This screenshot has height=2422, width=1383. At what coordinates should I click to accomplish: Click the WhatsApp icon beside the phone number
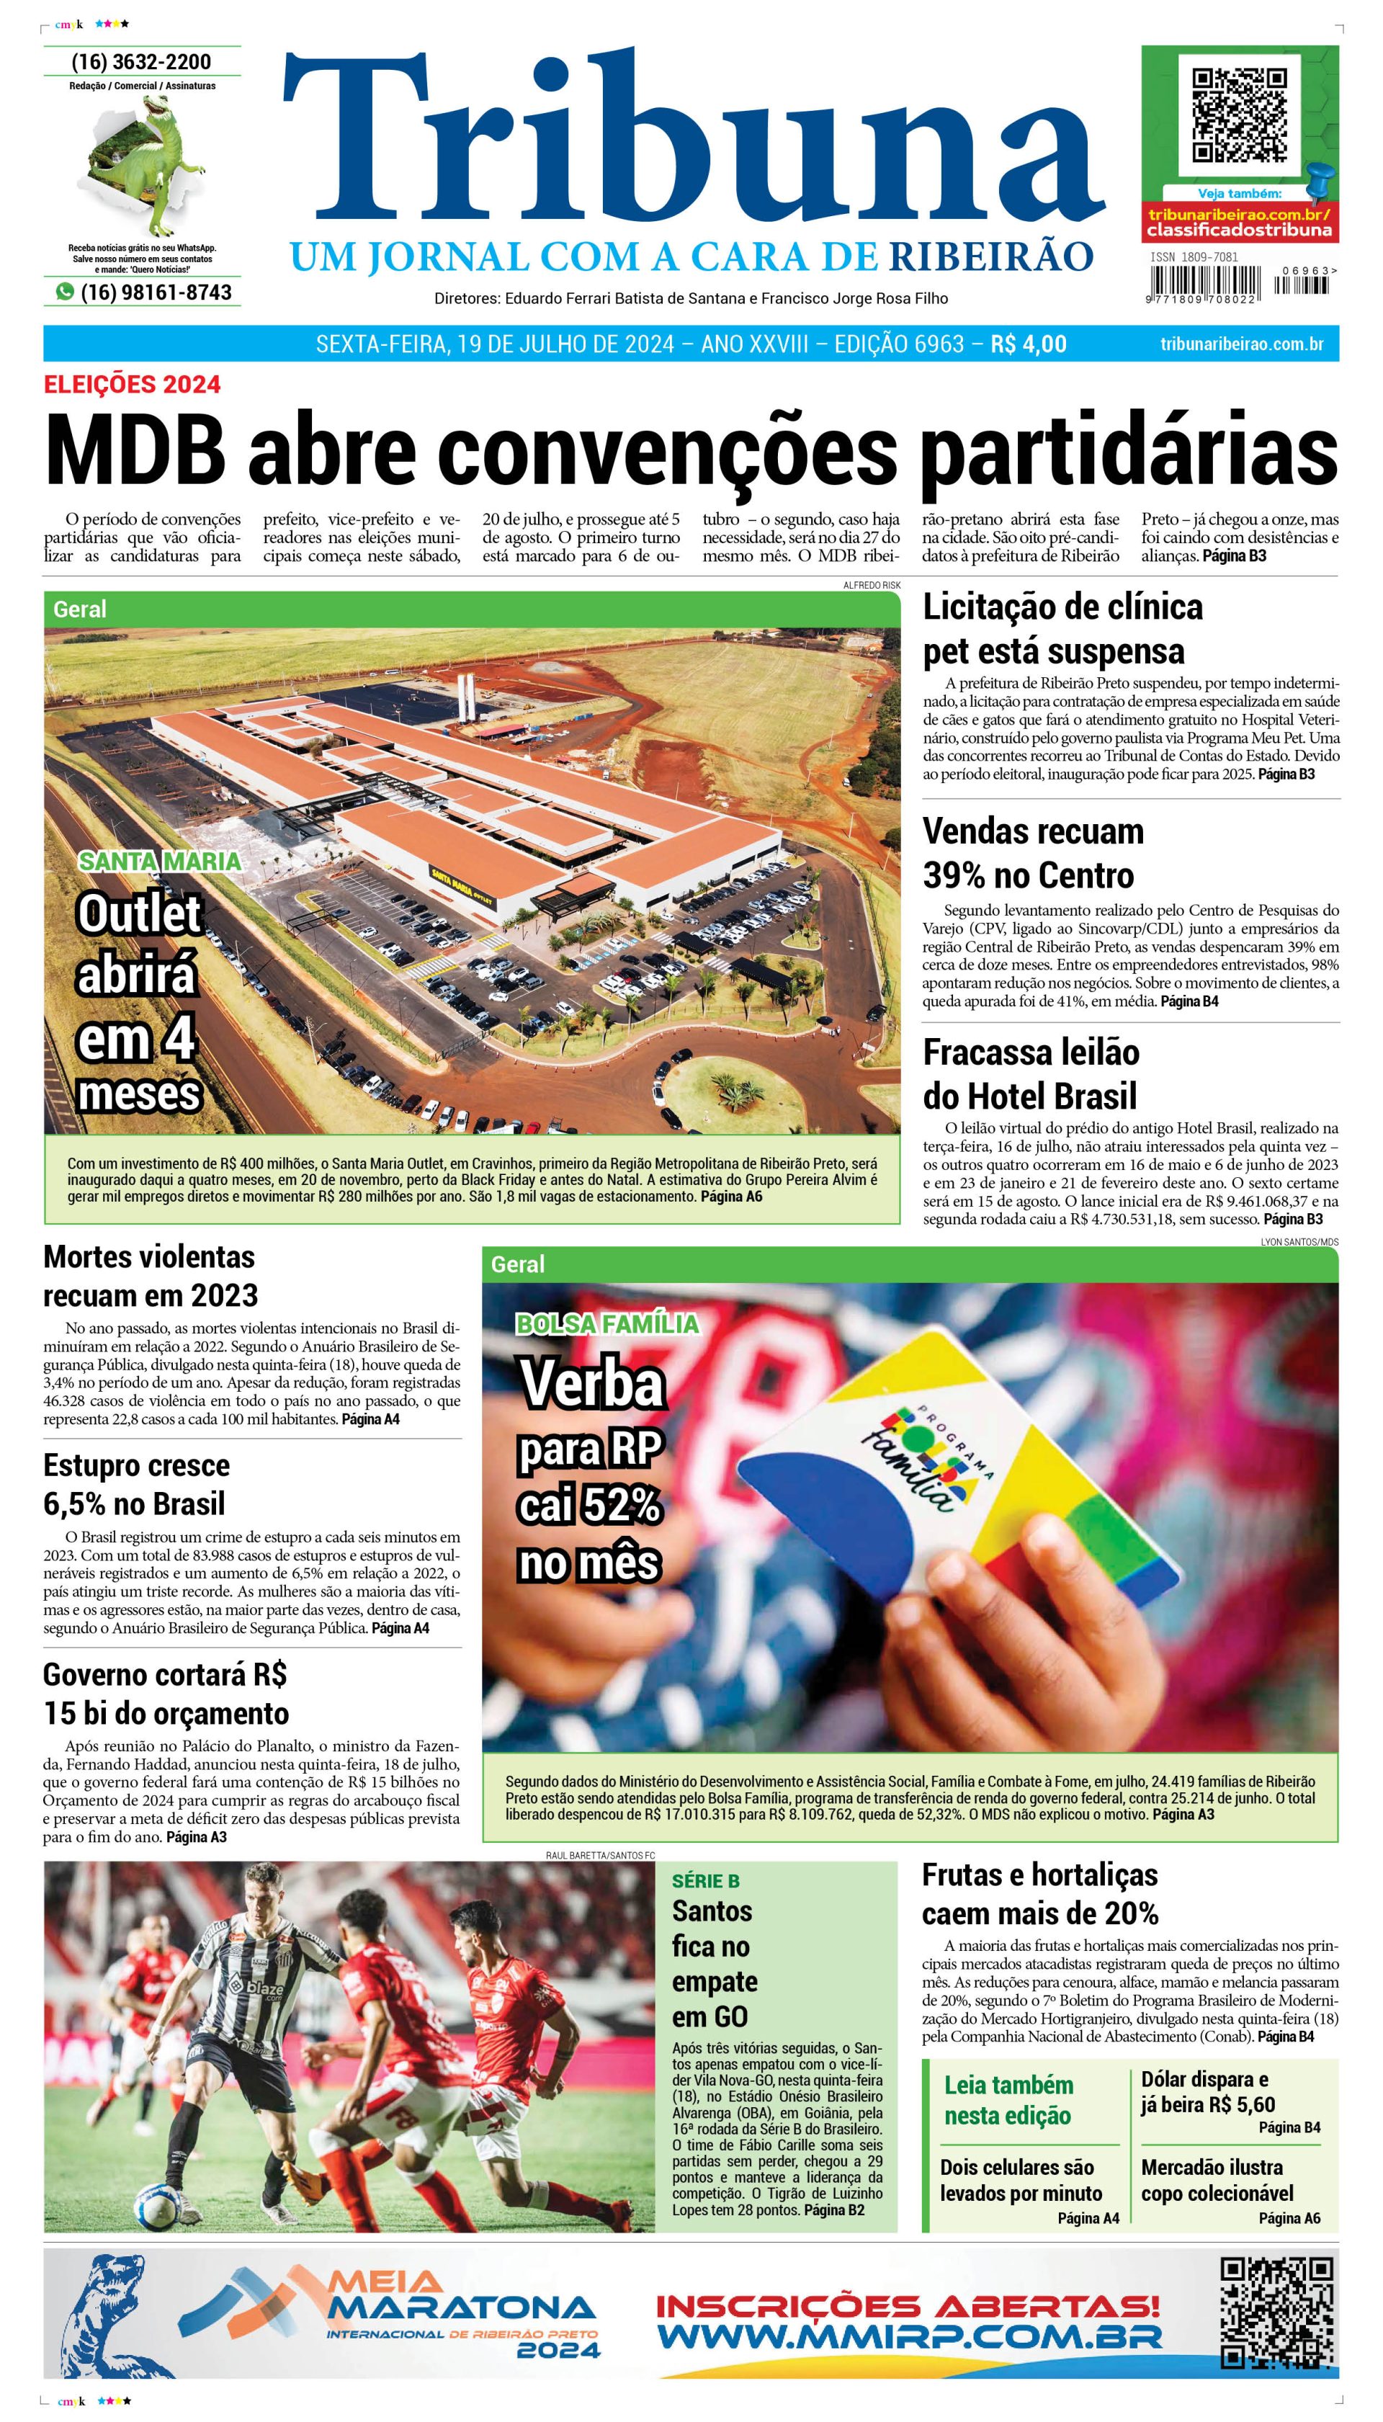tap(65, 292)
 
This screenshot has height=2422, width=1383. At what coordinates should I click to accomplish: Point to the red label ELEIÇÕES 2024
tap(132, 384)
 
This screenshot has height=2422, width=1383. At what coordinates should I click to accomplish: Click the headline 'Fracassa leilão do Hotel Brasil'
tap(1031, 1073)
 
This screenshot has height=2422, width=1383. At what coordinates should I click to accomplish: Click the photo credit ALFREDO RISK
tap(871, 585)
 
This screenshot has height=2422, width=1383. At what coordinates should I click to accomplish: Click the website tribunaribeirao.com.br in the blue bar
tap(1242, 344)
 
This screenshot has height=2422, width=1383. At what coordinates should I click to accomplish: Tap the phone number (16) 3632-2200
tap(141, 62)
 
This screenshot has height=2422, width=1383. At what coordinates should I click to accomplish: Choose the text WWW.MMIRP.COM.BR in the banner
tap(909, 2336)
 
